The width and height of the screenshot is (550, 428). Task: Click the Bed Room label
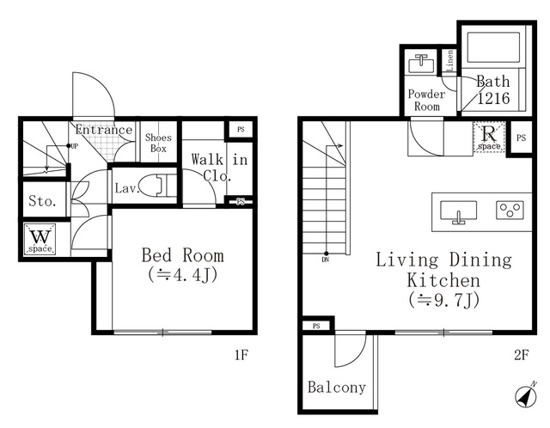pos(183,255)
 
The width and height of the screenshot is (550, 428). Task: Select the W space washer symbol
pos(40,239)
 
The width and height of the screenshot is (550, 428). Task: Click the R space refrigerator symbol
pos(489,137)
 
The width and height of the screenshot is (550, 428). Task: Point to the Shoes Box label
pos(158,143)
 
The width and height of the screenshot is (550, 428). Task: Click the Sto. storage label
pos(42,201)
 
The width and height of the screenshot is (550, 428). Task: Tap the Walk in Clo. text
pos(219,168)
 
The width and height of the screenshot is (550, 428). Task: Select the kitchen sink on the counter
pos(458,212)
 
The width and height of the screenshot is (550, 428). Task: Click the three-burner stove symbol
pos(510,211)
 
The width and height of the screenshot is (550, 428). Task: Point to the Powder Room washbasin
pos(421,64)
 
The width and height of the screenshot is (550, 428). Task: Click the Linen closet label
pos(449,60)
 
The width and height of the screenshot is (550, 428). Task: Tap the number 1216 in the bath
pos(493,98)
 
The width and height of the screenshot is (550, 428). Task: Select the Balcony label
pos(337,387)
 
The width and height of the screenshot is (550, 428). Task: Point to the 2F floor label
pos(522,355)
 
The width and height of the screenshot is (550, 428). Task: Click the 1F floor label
pos(241,355)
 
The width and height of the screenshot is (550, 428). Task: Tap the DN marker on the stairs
pos(325,260)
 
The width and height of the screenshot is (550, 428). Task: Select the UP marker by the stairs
pos(74,146)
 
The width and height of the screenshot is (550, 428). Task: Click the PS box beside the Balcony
pos(316,326)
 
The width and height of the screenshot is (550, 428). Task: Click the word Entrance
pos(104,130)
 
